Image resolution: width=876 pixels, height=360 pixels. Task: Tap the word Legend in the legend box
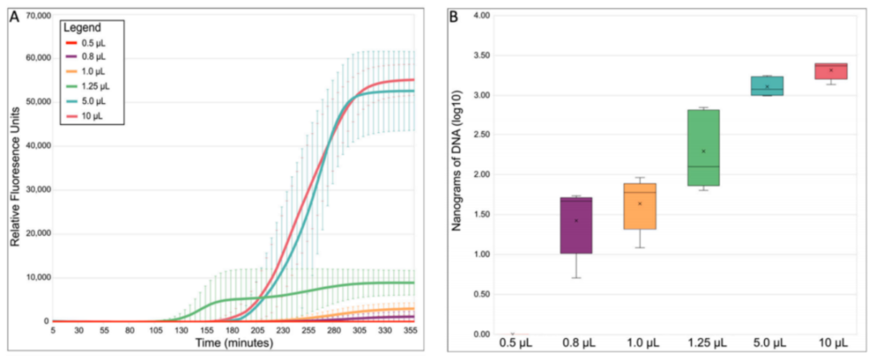pyautogui.click(x=82, y=28)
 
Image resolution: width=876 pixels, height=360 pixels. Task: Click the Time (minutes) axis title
pyautogui.click(x=233, y=344)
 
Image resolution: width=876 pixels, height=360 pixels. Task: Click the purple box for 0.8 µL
pyautogui.click(x=575, y=225)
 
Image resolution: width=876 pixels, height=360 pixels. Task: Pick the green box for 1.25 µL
pyautogui.click(x=702, y=148)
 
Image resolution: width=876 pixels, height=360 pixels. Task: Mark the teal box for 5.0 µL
pyautogui.click(x=766, y=86)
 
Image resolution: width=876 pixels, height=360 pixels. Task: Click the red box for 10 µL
pyautogui.click(x=831, y=71)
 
